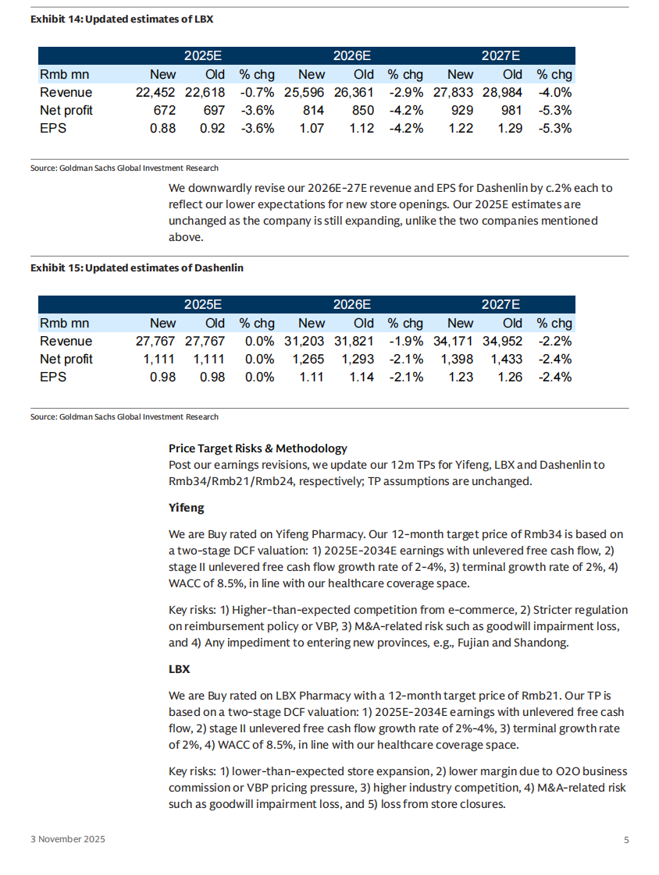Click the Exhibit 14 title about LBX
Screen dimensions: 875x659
(x=122, y=18)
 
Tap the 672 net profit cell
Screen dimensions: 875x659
(x=164, y=111)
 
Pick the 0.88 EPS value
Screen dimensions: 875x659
(x=162, y=129)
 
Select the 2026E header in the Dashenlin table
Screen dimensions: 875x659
(x=351, y=305)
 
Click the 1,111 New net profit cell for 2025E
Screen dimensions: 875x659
(x=160, y=360)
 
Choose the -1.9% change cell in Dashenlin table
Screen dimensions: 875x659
(x=406, y=342)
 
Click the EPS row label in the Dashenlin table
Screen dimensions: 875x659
(x=53, y=377)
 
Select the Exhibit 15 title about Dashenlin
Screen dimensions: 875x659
(x=137, y=267)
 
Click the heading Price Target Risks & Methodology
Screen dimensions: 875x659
(x=258, y=448)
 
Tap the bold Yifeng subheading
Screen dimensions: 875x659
(x=187, y=508)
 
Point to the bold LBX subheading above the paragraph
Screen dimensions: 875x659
(x=180, y=670)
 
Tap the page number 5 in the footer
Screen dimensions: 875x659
(x=626, y=840)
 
